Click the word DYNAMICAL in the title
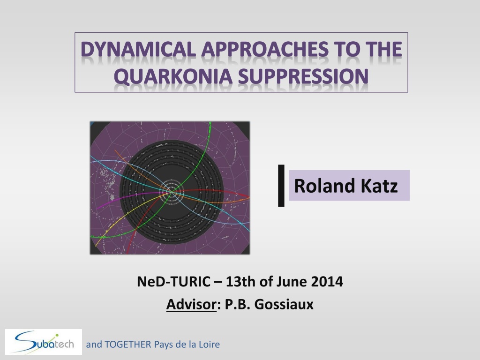coord(138,49)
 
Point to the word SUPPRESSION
coord(303,76)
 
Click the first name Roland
coord(324,186)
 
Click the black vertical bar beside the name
coord(281,186)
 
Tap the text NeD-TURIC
coord(173,281)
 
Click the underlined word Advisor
coord(191,304)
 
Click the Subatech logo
coord(44,342)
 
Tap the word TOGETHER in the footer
coord(128,345)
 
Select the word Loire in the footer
coord(210,345)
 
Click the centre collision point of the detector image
coord(172,191)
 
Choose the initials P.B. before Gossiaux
coord(238,304)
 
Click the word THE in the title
coord(384,49)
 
